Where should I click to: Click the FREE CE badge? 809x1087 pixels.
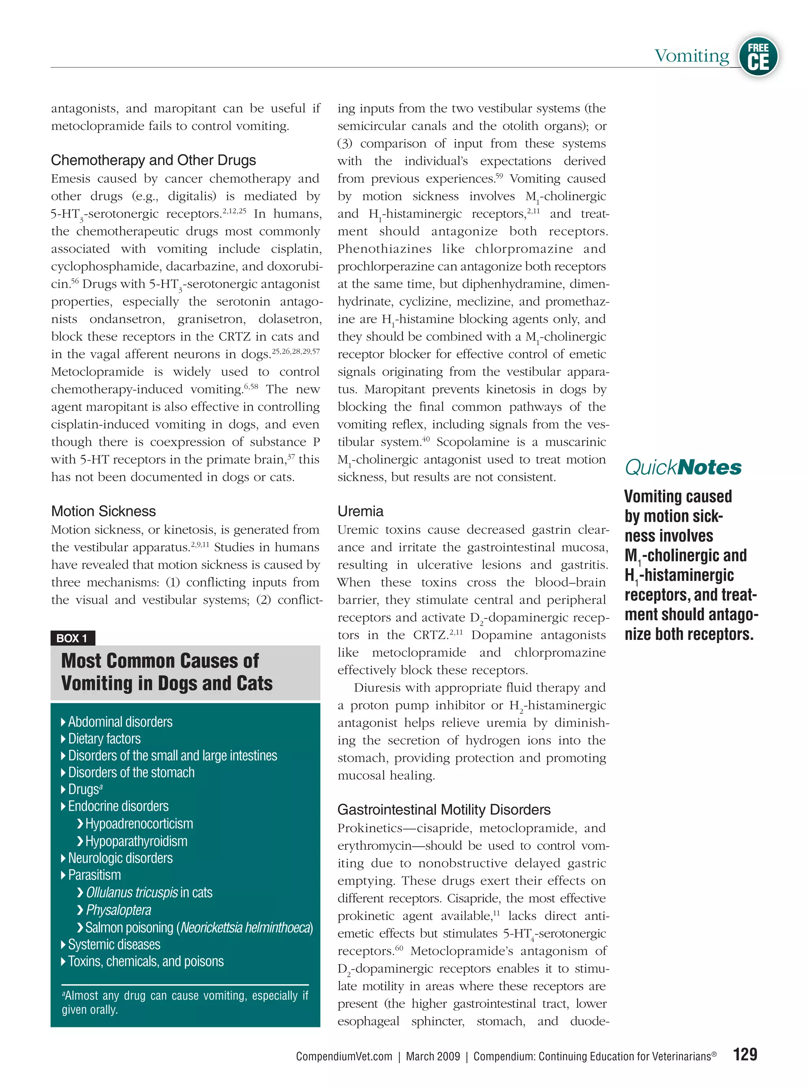point(758,56)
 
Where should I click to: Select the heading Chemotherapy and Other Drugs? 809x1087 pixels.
point(153,160)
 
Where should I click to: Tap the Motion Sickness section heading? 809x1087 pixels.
point(103,511)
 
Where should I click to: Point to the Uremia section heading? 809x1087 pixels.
point(360,511)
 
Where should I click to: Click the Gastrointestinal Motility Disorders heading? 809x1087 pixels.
point(444,809)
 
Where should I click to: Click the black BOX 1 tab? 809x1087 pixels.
point(72,638)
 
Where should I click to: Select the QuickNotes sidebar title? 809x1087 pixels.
point(683,467)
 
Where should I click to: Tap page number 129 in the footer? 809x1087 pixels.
point(745,1054)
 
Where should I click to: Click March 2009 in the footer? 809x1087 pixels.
point(433,1057)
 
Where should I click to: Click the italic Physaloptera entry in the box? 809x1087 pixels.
point(119,910)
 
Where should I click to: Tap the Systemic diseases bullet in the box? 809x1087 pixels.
point(114,944)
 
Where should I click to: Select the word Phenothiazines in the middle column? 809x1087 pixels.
point(384,249)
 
